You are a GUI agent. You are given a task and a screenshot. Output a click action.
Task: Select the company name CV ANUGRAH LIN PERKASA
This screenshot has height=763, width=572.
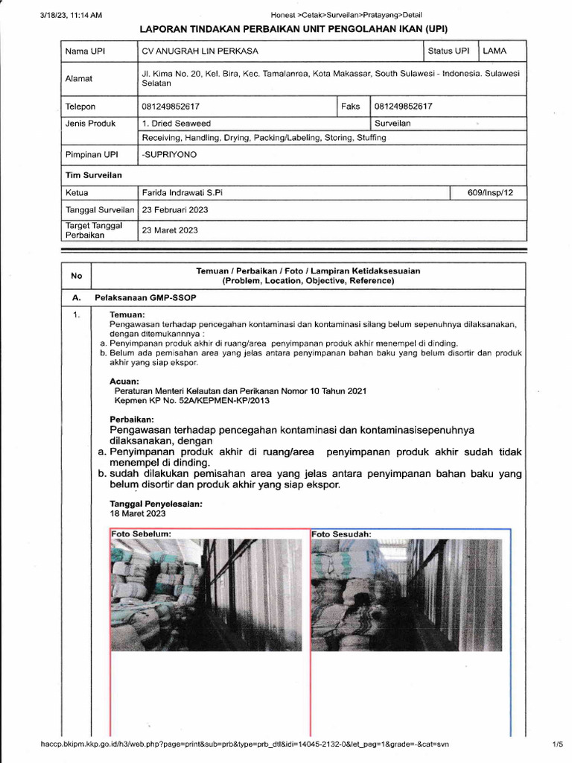(196, 51)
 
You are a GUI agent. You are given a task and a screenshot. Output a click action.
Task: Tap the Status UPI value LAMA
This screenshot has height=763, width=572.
(495, 51)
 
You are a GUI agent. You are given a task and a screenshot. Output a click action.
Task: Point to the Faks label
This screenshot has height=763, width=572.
(350, 107)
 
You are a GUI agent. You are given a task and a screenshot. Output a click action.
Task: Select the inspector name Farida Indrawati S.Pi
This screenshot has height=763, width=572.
(182, 192)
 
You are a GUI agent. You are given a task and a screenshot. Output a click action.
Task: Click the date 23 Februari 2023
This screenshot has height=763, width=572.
(174, 210)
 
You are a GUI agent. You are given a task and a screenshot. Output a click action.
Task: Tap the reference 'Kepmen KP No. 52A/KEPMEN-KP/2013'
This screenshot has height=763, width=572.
(191, 400)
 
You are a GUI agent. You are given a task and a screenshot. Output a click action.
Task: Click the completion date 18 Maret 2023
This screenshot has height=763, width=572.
(138, 513)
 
